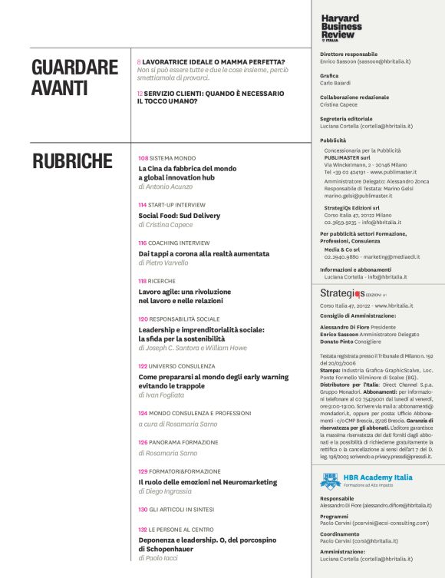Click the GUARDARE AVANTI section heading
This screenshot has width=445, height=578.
coord(74,78)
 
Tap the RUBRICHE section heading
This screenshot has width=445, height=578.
coord(72,160)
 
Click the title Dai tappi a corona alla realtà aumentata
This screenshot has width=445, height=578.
coord(203,253)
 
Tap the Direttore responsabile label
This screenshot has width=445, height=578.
coord(348,54)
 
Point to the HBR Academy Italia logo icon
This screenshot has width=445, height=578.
coord(329,481)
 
